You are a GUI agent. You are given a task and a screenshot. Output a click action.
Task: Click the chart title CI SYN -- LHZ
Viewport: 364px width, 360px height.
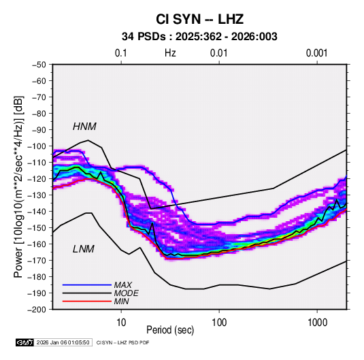pos(199,19)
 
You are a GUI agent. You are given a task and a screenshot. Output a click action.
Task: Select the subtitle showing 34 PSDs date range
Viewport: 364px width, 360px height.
pos(199,37)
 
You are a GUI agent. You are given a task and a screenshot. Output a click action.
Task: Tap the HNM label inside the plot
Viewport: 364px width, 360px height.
pos(84,127)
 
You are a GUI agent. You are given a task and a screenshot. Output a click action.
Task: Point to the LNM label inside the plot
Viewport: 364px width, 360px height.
pos(84,249)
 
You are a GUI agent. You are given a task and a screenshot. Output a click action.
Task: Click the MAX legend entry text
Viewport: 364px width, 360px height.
pos(122,285)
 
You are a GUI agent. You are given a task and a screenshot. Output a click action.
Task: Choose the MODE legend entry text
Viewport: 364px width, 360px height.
pos(127,293)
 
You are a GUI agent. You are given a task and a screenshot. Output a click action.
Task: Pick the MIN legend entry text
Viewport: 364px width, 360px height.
pos(121,301)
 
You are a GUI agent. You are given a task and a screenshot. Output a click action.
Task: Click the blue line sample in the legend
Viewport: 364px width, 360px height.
pos(87,285)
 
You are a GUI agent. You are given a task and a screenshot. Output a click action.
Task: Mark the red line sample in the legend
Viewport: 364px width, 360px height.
pos(87,301)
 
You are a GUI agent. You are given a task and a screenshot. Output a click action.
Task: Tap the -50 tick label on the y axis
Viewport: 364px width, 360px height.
pos(39,65)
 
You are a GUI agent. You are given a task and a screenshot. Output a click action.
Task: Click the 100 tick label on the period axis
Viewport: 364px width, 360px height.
pos(219,323)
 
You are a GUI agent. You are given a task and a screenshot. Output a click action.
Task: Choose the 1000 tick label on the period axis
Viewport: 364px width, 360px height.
pos(317,323)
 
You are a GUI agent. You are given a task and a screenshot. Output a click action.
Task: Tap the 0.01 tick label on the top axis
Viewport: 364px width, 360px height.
pos(218,53)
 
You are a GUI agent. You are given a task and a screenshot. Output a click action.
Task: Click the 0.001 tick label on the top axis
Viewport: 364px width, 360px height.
pos(316,53)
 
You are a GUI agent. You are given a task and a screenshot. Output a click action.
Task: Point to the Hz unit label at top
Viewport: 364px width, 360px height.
pos(170,53)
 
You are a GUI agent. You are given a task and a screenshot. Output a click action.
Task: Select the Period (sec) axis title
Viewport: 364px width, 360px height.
pos(170,330)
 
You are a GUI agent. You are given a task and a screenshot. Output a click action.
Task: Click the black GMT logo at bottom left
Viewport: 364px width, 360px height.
pos(25,342)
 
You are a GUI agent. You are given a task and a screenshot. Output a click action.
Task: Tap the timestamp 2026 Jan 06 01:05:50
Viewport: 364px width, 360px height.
pos(63,342)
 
